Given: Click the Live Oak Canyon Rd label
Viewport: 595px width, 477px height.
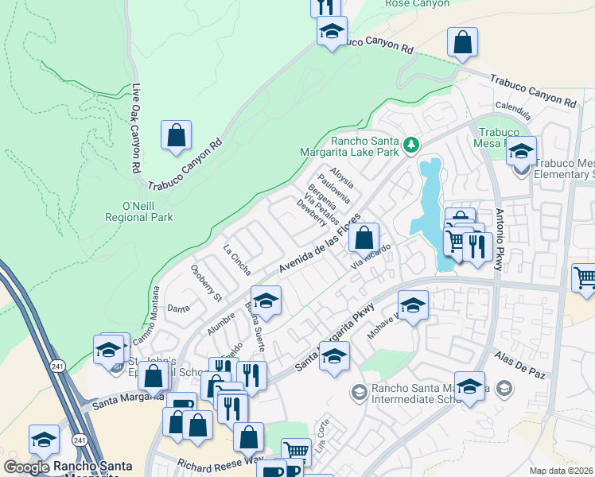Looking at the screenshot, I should [136, 129].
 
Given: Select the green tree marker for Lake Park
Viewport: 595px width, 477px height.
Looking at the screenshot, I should [410, 144].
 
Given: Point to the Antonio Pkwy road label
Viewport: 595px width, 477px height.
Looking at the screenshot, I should [499, 240].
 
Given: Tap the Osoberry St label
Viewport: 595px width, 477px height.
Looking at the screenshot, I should [206, 283].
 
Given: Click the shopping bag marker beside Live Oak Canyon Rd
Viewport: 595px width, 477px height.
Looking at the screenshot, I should [176, 135].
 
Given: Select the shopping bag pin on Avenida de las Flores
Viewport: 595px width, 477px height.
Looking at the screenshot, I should [364, 237].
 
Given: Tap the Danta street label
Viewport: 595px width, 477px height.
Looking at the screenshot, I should [177, 308].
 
